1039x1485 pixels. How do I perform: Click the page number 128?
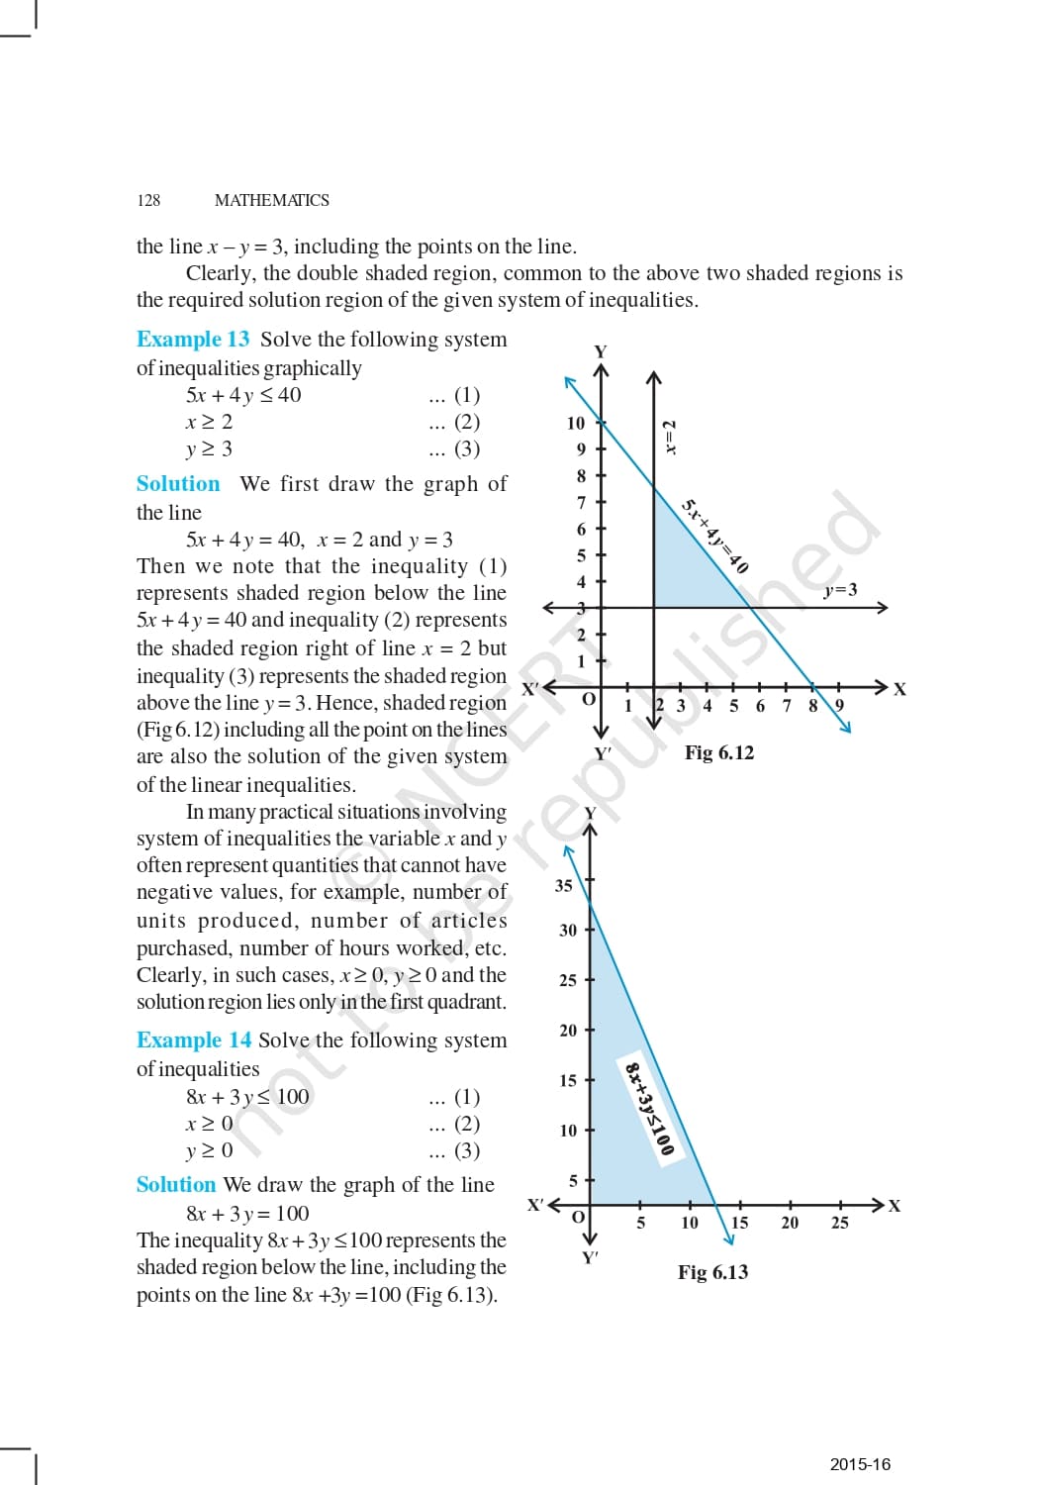(148, 200)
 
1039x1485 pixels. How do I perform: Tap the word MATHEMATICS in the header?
(271, 200)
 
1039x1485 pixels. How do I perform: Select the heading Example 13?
(193, 339)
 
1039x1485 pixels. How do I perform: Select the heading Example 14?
(194, 1039)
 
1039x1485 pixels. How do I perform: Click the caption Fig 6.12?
(719, 752)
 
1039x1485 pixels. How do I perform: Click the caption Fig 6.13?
(712, 1272)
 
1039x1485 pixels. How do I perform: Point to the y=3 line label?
(840, 590)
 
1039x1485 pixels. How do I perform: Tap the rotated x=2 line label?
(670, 437)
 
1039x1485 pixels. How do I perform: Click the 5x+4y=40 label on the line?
(714, 536)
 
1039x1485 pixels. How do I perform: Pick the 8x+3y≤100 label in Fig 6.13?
(649, 1108)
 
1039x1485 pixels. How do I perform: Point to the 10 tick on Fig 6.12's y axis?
(576, 423)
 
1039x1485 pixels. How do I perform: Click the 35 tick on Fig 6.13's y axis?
(564, 885)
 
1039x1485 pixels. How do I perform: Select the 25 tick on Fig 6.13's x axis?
(839, 1223)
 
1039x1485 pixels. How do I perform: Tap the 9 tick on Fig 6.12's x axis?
(839, 706)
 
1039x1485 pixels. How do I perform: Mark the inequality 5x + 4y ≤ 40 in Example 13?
(243, 395)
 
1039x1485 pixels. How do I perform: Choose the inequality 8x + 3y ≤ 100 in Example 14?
(247, 1097)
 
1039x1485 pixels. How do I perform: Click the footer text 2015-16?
(860, 1464)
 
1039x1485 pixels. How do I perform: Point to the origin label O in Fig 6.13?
(579, 1216)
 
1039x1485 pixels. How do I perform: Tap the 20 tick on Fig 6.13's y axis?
(568, 1031)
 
